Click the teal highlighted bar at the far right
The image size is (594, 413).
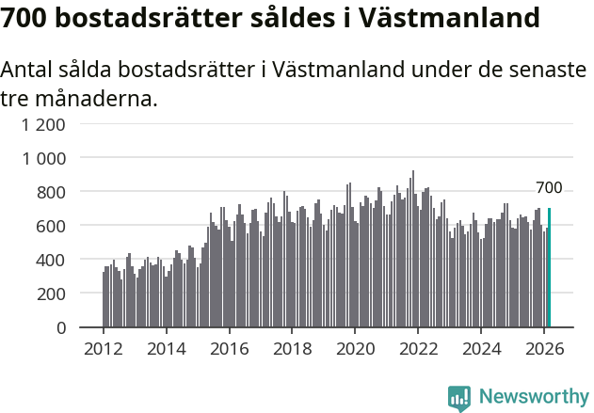pyautogui.click(x=549, y=268)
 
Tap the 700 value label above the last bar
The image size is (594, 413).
pyautogui.click(x=549, y=188)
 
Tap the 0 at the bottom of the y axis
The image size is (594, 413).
pyautogui.click(x=60, y=327)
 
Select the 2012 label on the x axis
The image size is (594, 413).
pyautogui.click(x=103, y=348)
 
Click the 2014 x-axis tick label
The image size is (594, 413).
pyautogui.click(x=166, y=348)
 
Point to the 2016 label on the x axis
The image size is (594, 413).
pyautogui.click(x=229, y=348)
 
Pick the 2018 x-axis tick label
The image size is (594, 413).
pyautogui.click(x=292, y=348)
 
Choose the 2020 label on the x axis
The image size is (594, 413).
pyautogui.click(x=355, y=348)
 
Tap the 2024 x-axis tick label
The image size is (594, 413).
pyautogui.click(x=481, y=348)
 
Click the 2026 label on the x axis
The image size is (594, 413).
pyautogui.click(x=544, y=348)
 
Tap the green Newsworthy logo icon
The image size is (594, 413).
pyautogui.click(x=459, y=398)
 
